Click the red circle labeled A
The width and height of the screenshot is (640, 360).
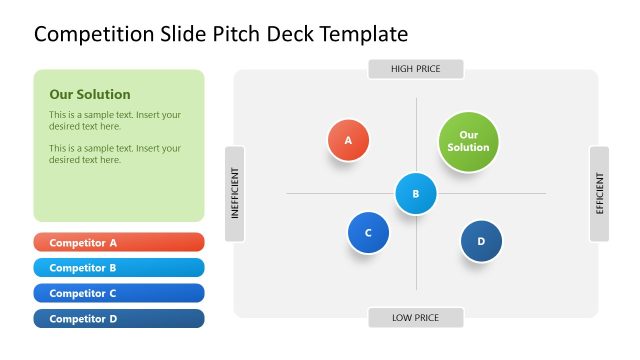tap(348, 140)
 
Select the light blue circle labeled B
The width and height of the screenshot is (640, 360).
tap(416, 194)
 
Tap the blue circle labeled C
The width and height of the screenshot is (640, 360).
tap(368, 233)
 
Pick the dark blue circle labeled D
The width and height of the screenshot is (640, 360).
tap(481, 241)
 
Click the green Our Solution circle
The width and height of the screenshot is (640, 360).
tap(468, 141)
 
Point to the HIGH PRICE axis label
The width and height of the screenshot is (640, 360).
tap(415, 69)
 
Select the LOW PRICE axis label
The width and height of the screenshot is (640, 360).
tap(415, 318)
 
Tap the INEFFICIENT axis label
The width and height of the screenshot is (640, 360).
tap(235, 193)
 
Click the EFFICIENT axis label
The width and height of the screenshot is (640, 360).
tap(599, 194)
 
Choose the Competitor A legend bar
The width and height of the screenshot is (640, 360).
tap(118, 242)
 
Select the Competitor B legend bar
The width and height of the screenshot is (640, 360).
tap(118, 268)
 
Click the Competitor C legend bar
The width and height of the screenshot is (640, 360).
tap(118, 293)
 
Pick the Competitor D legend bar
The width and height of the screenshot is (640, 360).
tap(118, 319)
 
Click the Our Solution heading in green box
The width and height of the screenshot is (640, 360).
tap(90, 95)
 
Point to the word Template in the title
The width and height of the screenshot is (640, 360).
tap(359, 35)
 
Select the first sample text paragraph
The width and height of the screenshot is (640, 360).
tap(115, 121)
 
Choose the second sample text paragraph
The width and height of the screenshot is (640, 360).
tap(115, 154)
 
